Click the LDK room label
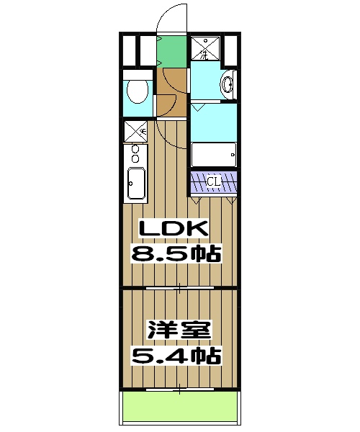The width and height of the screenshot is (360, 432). coord(174,229)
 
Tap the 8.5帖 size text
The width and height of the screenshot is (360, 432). coord(175,253)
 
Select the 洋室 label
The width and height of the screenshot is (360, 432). coord(179,331)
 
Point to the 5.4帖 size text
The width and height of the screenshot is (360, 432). coord(175,356)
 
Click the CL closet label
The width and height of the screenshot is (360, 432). coord(214,181)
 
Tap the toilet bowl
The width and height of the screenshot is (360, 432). coord(136,91)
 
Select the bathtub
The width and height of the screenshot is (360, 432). coord(214,154)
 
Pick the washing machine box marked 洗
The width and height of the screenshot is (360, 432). coord(204,49)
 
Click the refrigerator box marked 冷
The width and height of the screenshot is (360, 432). coord(135,132)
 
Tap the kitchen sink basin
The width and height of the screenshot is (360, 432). coord(135,183)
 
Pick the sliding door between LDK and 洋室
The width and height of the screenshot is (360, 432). coord(180,287)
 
